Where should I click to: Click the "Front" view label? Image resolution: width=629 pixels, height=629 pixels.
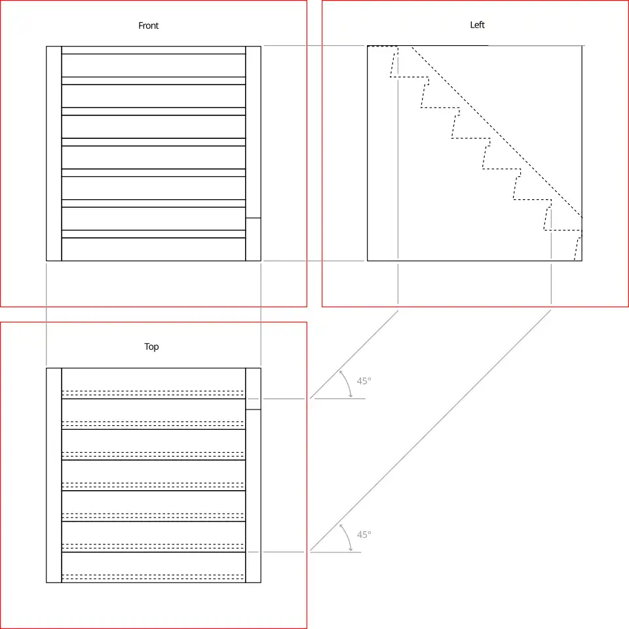tap(149, 26)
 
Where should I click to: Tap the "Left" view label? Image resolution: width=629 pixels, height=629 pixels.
tap(478, 25)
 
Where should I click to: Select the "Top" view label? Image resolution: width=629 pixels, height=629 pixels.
tap(151, 347)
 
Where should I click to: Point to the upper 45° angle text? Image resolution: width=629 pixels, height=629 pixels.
tap(364, 381)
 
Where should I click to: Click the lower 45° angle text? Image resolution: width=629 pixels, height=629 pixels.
tap(364, 535)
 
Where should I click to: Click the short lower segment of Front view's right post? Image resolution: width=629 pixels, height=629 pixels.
tap(253, 240)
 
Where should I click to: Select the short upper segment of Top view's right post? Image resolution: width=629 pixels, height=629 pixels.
tap(253, 389)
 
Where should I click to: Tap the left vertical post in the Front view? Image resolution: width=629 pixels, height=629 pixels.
tap(54, 153)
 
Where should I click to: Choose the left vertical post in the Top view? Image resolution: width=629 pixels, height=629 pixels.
tap(54, 476)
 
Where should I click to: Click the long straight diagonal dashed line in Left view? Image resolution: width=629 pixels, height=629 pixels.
tap(497, 132)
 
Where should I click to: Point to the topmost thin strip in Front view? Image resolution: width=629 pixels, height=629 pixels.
tap(153, 50)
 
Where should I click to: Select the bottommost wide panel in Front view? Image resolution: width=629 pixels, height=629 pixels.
tap(153, 250)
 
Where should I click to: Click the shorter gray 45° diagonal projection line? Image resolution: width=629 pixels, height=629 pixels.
tap(354, 354)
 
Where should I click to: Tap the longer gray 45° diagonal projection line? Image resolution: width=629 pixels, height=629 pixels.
tap(430, 430)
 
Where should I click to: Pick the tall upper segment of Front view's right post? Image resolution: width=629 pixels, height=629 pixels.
tap(253, 132)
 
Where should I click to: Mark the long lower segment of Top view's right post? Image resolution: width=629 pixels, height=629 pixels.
tap(253, 496)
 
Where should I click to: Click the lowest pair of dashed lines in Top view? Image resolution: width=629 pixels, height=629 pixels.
tap(153, 577)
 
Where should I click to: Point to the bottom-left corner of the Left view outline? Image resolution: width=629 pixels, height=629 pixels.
tap(368, 261)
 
